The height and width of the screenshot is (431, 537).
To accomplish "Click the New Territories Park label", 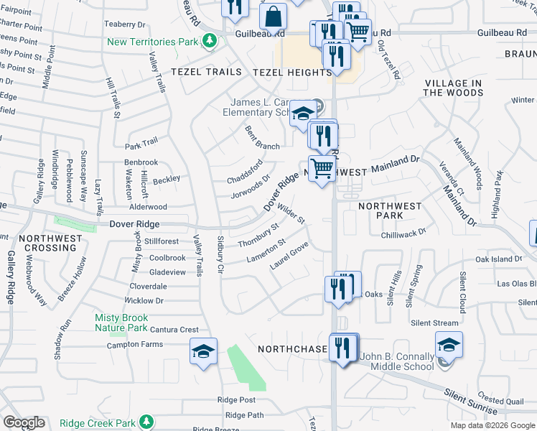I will point(152,42).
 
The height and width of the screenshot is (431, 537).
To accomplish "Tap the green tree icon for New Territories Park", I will point(210,41).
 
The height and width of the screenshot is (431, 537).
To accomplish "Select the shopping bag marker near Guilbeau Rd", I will point(274,17).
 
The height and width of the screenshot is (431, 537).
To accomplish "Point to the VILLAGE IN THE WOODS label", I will point(453,88).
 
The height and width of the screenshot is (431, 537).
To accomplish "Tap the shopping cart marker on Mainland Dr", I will point(322,169).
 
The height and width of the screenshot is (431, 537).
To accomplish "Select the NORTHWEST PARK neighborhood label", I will point(390,210).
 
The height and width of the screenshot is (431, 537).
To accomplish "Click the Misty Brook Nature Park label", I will point(121,323).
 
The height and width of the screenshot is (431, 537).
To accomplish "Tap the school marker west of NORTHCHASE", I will point(203,351).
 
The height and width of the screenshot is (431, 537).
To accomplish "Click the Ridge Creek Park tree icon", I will point(146,422).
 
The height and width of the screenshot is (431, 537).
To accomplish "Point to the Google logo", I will point(24,422).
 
